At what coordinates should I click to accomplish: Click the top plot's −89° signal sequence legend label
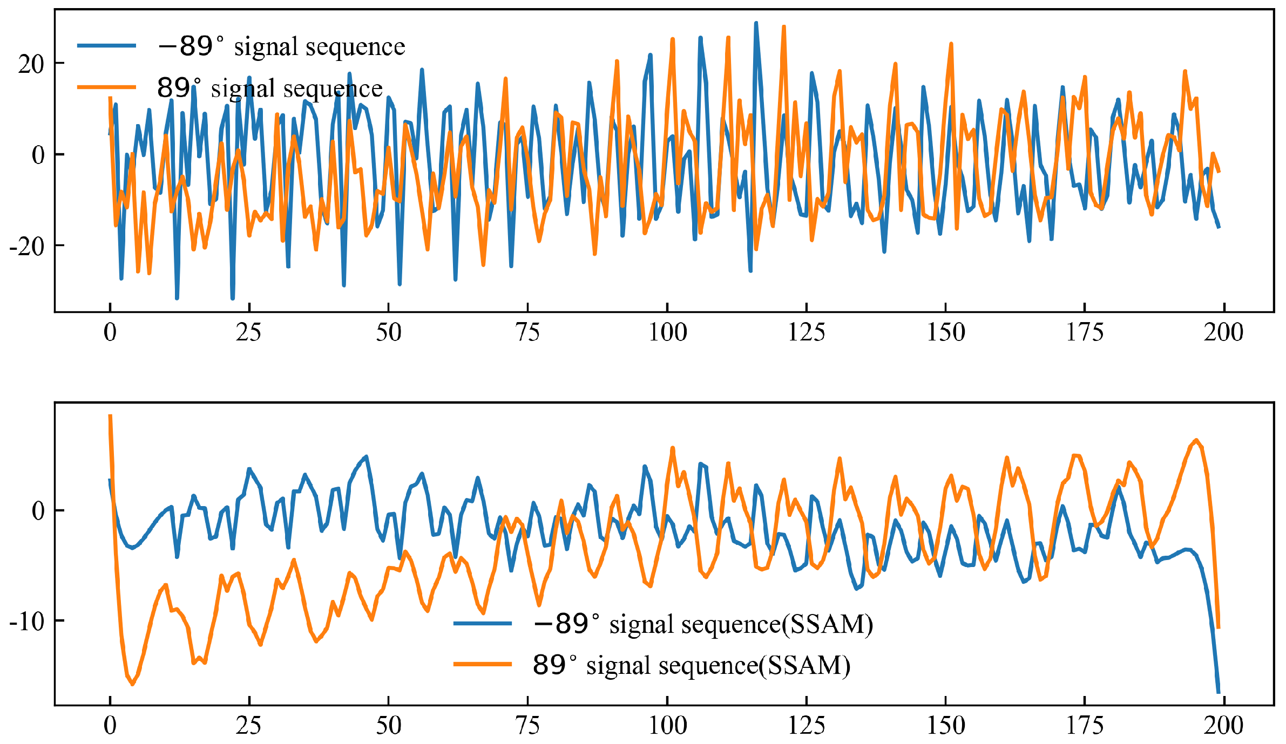point(281,46)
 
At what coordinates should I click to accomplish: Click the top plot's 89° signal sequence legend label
point(269,88)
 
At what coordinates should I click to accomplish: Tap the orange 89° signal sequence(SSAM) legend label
point(692,665)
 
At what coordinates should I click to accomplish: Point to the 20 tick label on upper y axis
point(31,64)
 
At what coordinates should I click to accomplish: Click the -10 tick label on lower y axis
point(27,622)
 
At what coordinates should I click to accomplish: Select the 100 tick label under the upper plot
point(667,332)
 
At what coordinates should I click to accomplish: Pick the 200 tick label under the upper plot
point(1223,332)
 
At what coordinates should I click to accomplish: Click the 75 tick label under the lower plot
point(527,726)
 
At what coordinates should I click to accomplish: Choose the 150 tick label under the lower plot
point(945,726)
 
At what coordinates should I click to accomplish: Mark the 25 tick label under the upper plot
point(249,332)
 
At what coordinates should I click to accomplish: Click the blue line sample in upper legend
point(106,46)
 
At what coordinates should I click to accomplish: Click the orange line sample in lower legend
point(482,664)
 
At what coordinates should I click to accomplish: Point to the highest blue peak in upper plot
point(756,23)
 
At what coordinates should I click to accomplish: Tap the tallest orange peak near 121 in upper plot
point(784,26)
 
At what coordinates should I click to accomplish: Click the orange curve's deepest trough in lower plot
point(133,684)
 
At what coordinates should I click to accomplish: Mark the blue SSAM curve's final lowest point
point(1219,692)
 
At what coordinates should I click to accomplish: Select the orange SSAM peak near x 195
point(1196,440)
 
